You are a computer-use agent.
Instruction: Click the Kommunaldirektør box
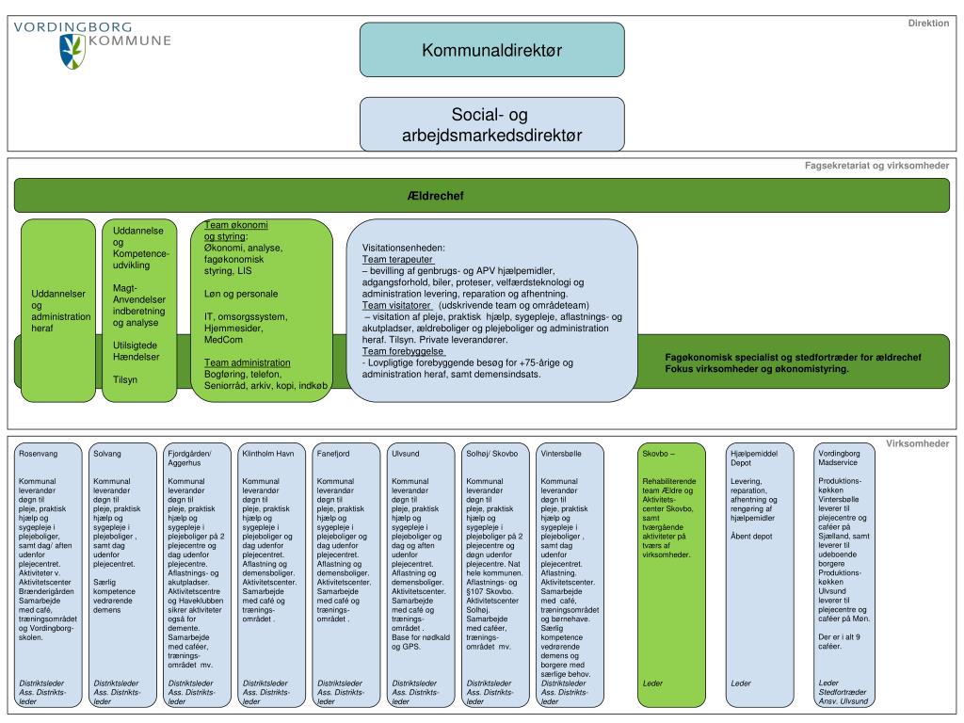point(491,50)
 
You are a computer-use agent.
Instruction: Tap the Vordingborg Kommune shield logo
point(72,51)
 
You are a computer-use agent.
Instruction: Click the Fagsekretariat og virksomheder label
point(876,166)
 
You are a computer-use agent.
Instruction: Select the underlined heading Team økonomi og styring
point(235,231)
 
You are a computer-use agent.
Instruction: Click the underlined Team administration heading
point(248,362)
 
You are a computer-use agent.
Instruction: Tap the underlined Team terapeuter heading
point(397,258)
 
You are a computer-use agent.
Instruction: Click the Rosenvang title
point(39,454)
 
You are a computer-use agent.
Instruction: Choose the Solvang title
point(107,454)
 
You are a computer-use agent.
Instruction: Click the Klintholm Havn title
point(268,454)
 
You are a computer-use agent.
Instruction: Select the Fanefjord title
point(334,454)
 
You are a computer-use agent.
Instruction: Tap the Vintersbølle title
point(562,454)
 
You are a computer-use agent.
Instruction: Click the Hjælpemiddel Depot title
point(754,458)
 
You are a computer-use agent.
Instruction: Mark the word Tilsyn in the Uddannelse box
point(125,379)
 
